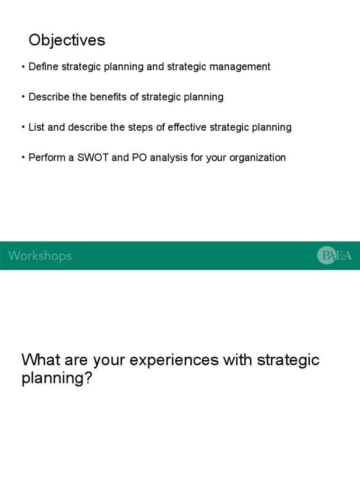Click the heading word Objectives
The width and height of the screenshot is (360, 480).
[67, 41]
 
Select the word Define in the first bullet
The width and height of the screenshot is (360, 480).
[43, 67]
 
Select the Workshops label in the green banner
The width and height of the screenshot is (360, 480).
[40, 256]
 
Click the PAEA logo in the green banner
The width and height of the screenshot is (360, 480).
[334, 255]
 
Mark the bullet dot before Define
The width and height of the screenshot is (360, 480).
[23, 67]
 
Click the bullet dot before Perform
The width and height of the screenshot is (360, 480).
[23, 158]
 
